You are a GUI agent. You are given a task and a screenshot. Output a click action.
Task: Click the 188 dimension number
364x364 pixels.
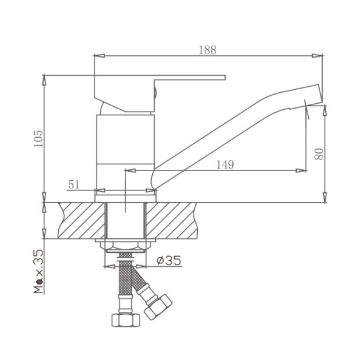point(207,50)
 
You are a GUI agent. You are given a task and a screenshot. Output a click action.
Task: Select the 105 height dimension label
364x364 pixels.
point(39,138)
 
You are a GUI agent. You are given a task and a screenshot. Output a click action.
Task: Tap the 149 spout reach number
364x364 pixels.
point(225,164)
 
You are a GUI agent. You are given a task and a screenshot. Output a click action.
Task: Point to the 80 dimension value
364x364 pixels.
point(319,153)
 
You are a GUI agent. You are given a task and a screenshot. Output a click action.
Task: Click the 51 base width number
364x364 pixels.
point(74,184)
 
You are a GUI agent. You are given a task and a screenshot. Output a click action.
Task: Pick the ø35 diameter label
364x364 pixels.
point(169,260)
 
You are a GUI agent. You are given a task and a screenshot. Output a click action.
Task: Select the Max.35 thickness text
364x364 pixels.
point(39,271)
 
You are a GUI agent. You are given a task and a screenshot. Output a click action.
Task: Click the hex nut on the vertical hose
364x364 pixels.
point(126,320)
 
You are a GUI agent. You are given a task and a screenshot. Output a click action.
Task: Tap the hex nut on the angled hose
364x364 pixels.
point(158,307)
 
